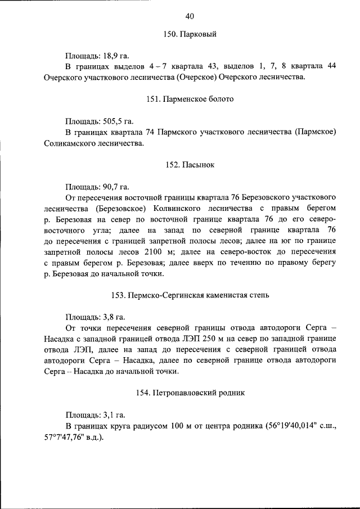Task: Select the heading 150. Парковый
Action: coord(190,34)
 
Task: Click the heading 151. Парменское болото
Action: coord(190,99)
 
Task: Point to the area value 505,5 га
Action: coord(119,121)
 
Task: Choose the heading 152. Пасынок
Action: coord(190,164)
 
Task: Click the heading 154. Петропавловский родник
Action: coord(190,392)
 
